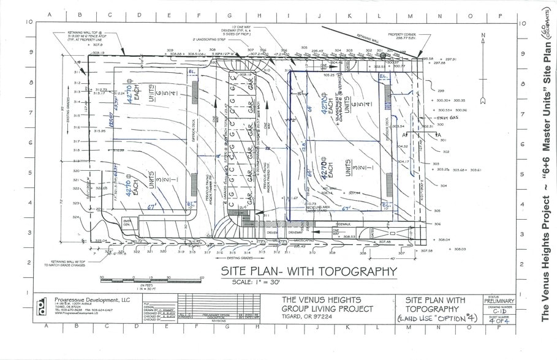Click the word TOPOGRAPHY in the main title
tap(356, 271)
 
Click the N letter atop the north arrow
tap(483, 36)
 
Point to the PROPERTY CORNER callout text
tap(402, 34)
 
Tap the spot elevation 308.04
tap(444, 240)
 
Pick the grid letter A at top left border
tap(49, 15)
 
